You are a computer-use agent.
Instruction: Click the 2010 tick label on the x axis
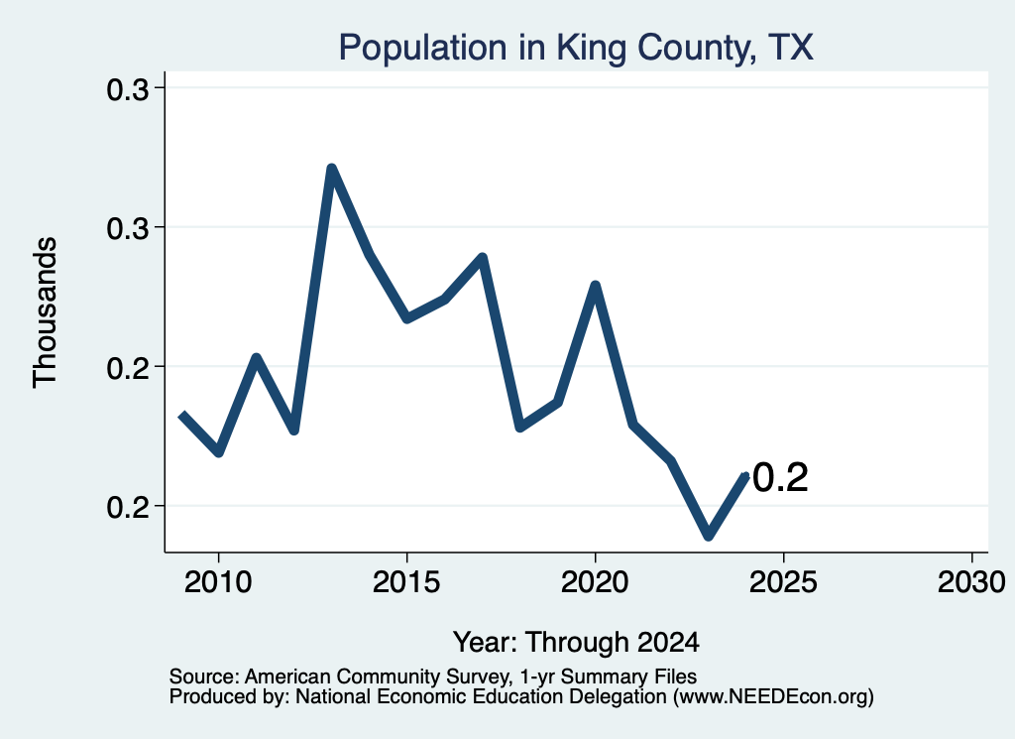[218, 582]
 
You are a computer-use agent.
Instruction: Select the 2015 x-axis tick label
[406, 582]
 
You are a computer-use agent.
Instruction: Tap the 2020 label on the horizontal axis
[595, 582]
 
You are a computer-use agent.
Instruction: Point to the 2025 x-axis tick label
[783, 582]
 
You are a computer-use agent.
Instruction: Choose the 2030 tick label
[971, 582]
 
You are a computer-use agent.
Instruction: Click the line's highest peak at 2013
[331, 170]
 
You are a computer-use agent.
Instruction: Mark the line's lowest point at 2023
[709, 535]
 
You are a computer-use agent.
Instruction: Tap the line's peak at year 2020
[595, 286]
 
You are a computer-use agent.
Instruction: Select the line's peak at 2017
[483, 258]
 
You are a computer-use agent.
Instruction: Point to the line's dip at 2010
[219, 451]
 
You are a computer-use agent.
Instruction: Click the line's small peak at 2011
[257, 357]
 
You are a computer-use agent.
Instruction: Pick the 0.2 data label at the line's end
[781, 478]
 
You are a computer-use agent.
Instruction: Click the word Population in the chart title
[422, 48]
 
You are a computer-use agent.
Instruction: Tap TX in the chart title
[790, 48]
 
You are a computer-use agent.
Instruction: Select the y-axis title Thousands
[46, 312]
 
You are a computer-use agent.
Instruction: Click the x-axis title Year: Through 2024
[576, 642]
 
